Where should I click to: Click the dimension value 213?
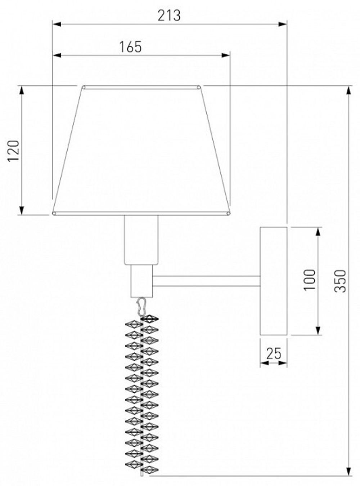(169, 15)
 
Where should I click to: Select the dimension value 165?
(130, 47)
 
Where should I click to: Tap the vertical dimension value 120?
(13, 151)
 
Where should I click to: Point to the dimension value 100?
(310, 280)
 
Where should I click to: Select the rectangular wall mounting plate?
(274, 281)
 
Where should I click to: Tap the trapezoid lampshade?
(141, 151)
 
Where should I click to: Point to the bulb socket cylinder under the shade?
(141, 240)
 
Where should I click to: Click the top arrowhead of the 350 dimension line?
(348, 90)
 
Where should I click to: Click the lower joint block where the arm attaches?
(141, 281)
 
